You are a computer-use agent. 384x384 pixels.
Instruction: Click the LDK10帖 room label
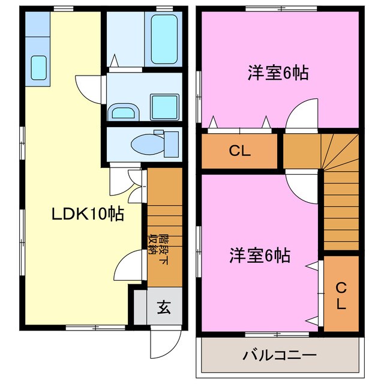point(87,214)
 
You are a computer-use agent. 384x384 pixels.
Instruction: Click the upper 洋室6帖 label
point(278,73)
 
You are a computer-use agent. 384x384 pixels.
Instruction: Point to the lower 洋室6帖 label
point(260,256)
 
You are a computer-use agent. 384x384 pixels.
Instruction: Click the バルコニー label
point(280,355)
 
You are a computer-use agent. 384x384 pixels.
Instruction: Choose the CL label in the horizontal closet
point(240,151)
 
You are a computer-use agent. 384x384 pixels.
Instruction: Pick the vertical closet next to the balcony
point(341,294)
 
